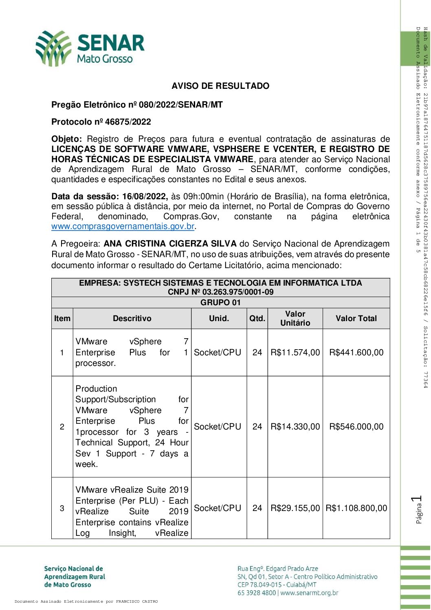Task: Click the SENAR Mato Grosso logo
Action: [x=90, y=48]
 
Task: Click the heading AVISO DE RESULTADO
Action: [x=220, y=86]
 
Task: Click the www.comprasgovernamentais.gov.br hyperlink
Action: [x=123, y=227]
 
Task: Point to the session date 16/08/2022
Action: [x=145, y=196]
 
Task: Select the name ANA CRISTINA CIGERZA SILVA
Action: [x=170, y=244]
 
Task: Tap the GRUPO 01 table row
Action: [x=220, y=302]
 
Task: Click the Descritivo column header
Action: [x=132, y=319]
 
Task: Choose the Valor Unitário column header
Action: [x=295, y=318]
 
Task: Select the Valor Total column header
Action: [x=356, y=319]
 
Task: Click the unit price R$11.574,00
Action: [x=295, y=352]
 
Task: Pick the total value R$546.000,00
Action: [x=356, y=427]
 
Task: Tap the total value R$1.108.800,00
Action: [x=356, y=508]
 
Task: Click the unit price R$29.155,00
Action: [x=295, y=508]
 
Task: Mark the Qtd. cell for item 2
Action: [x=257, y=427]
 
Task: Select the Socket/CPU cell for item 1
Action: [x=218, y=352]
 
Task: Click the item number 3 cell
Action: [x=62, y=508]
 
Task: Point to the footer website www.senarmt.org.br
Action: [x=309, y=593]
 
